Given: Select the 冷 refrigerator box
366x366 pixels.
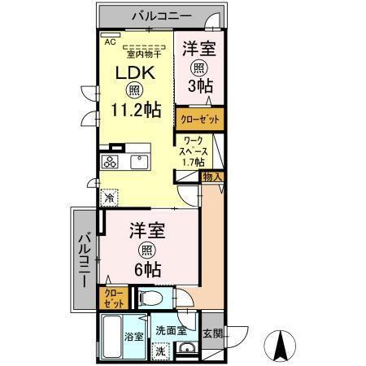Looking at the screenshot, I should click(x=110, y=196).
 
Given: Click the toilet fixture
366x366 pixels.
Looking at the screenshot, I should click(x=150, y=298).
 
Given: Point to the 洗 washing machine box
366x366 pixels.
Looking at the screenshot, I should click(x=161, y=351).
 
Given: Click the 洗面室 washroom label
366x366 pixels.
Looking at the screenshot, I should click(x=172, y=331).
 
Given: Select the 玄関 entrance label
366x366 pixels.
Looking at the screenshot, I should click(x=212, y=333).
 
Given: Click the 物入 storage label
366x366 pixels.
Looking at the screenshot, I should click(x=212, y=176).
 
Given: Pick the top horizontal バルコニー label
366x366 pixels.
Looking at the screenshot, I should click(x=159, y=15).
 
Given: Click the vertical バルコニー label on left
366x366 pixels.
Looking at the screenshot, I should click(x=84, y=259).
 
